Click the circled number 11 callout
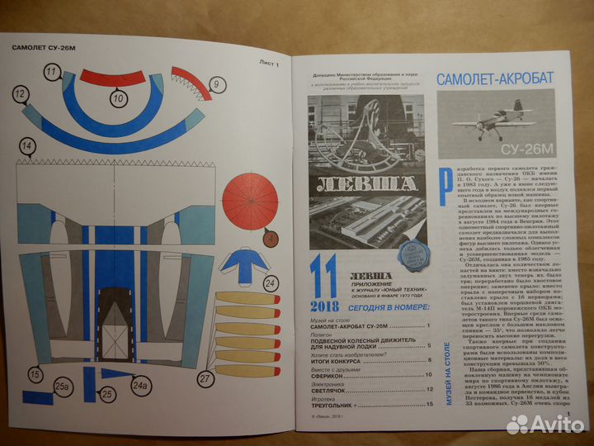pyautogui.click(x=51, y=73)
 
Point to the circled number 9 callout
pyautogui.click(x=216, y=83)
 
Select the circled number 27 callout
pyautogui.click(x=205, y=380)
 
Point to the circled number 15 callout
pyautogui.click(x=33, y=375)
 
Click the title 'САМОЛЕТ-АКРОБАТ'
pyautogui.click(x=494, y=80)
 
